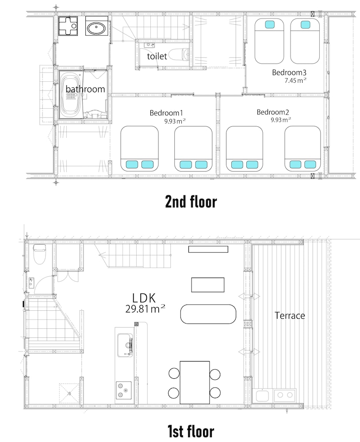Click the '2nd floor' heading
pyautogui.click(x=191, y=202)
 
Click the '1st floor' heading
pyautogui.click(x=191, y=431)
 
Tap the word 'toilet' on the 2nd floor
pyautogui.click(x=157, y=56)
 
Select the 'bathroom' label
pyautogui.click(x=85, y=89)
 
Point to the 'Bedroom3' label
pyautogui.click(x=289, y=72)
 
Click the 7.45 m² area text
pyautogui.click(x=295, y=80)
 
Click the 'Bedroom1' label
pyautogui.click(x=166, y=113)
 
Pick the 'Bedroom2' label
pyautogui.click(x=272, y=112)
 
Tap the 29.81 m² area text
pyautogui.click(x=146, y=309)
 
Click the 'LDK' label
pyautogui.click(x=144, y=298)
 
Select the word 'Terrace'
pyautogui.click(x=290, y=316)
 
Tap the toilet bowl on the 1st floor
pyautogui.click(x=39, y=254)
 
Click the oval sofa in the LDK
pyautogui.click(x=208, y=314)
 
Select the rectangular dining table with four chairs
pyautogui.click(x=195, y=382)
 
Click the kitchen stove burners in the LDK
pyautogui.click(x=124, y=390)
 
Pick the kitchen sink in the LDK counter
pyautogui.click(x=125, y=345)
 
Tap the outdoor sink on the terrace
pyautogui.click(x=262, y=396)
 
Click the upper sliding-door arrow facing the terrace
pyautogui.click(x=249, y=296)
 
